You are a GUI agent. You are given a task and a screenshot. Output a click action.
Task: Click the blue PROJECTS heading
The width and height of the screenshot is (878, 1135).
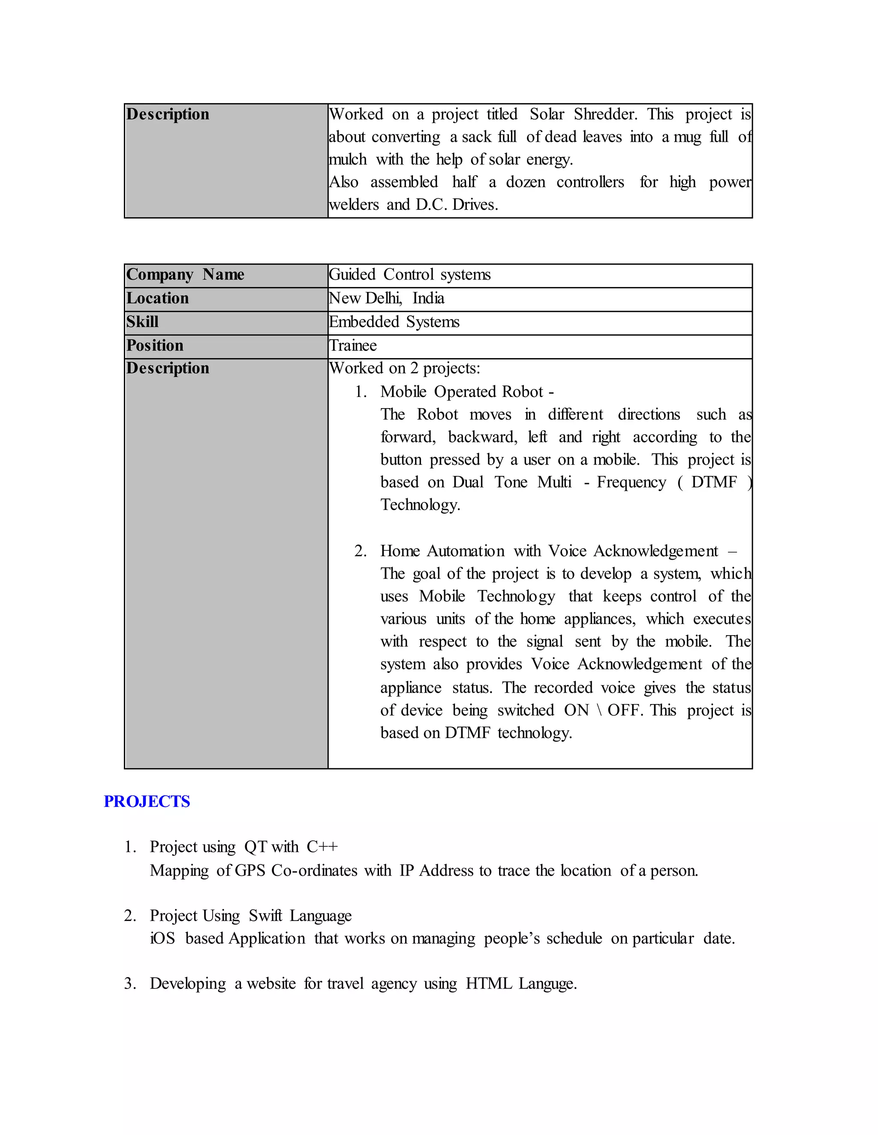[147, 801]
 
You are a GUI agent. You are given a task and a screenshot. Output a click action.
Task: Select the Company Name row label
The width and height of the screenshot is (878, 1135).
[185, 275]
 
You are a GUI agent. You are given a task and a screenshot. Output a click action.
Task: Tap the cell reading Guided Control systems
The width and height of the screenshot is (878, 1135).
[409, 275]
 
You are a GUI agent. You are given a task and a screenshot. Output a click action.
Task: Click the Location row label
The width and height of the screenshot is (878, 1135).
[158, 298]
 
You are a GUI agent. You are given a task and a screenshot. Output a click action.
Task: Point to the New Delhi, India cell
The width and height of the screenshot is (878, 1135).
[386, 298]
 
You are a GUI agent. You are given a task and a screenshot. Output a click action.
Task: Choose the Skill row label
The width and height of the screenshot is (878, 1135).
[142, 322]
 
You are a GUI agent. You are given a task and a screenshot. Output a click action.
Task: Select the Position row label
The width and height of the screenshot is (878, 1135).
[155, 346]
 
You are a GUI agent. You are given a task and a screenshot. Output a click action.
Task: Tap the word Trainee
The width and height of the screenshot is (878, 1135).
[353, 346]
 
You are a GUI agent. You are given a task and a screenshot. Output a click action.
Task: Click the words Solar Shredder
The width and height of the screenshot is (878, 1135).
[583, 114]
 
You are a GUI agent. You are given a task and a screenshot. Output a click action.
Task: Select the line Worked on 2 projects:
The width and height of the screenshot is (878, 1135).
[405, 368]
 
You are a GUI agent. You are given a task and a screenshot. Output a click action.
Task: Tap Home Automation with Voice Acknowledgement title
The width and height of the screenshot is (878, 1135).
[549, 551]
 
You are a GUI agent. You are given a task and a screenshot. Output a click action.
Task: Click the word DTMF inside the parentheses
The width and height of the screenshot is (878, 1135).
[714, 482]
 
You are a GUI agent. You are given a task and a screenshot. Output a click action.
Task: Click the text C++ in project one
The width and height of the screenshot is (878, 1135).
[322, 847]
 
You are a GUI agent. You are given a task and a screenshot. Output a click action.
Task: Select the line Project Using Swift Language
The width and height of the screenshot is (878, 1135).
[251, 916]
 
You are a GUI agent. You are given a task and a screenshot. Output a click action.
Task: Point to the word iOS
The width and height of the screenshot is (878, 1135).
[162, 938]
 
